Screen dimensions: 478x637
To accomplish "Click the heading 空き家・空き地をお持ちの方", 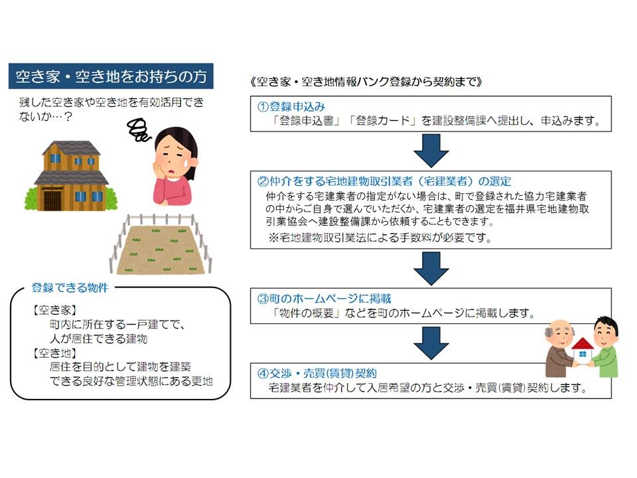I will point(111,76).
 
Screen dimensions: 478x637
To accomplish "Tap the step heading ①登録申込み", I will point(291,106).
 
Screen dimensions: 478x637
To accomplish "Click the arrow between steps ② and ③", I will point(431,268).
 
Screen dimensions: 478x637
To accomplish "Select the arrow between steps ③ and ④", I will point(431,343).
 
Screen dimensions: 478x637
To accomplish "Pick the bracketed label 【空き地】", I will point(54,353).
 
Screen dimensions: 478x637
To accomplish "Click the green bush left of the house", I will point(31,198).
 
